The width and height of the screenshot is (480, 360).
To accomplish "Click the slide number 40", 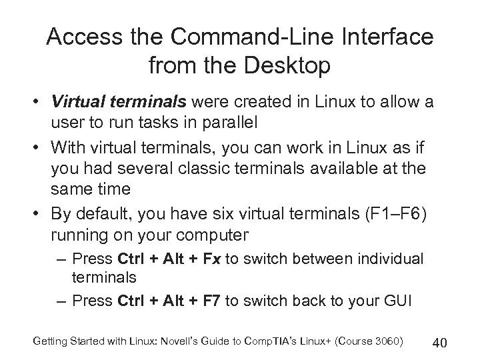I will (x=439, y=343).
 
